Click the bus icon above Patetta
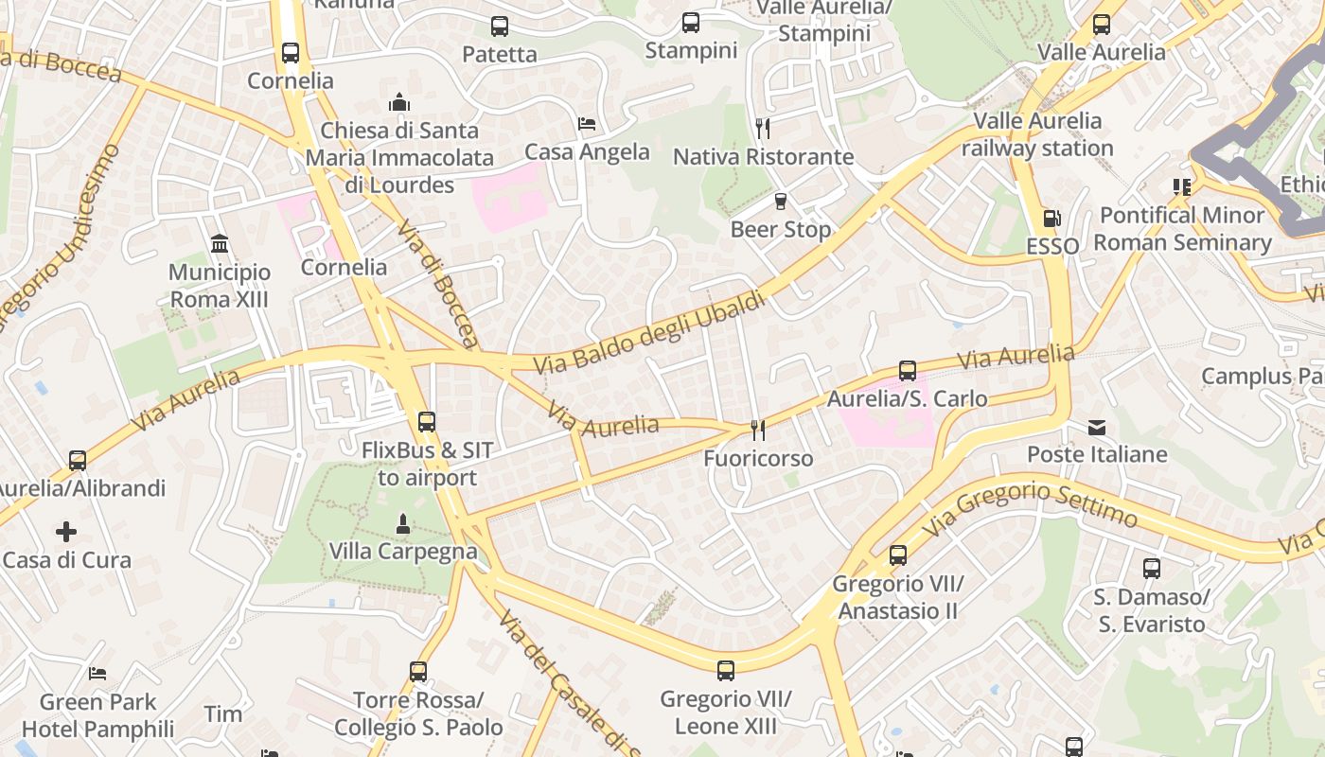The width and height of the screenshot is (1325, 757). (500, 26)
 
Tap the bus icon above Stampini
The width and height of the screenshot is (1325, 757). (691, 23)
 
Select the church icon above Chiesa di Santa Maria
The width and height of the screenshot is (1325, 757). (399, 101)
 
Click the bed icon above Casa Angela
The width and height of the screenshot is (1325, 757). (587, 124)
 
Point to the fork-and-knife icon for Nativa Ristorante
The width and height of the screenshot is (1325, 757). (763, 128)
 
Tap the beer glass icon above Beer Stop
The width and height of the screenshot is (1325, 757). (781, 201)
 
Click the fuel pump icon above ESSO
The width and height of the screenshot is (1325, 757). (1051, 219)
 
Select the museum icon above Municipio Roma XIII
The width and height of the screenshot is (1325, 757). (220, 244)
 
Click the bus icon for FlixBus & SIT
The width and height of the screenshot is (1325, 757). (427, 422)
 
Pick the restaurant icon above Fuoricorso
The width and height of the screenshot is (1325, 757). (757, 431)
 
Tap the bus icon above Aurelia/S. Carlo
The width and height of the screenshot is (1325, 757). (908, 370)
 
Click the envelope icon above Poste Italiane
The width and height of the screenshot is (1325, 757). (1097, 427)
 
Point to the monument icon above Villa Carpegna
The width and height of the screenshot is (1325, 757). (403, 522)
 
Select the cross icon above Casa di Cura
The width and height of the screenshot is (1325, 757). (66, 532)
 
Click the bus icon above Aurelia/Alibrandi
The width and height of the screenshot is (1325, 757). (78, 461)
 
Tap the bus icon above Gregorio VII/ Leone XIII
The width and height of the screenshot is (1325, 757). (726, 671)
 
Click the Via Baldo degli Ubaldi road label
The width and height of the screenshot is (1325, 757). (648, 332)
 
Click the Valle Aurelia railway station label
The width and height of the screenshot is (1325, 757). (1037, 134)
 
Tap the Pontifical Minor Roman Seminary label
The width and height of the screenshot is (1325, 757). (1182, 229)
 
